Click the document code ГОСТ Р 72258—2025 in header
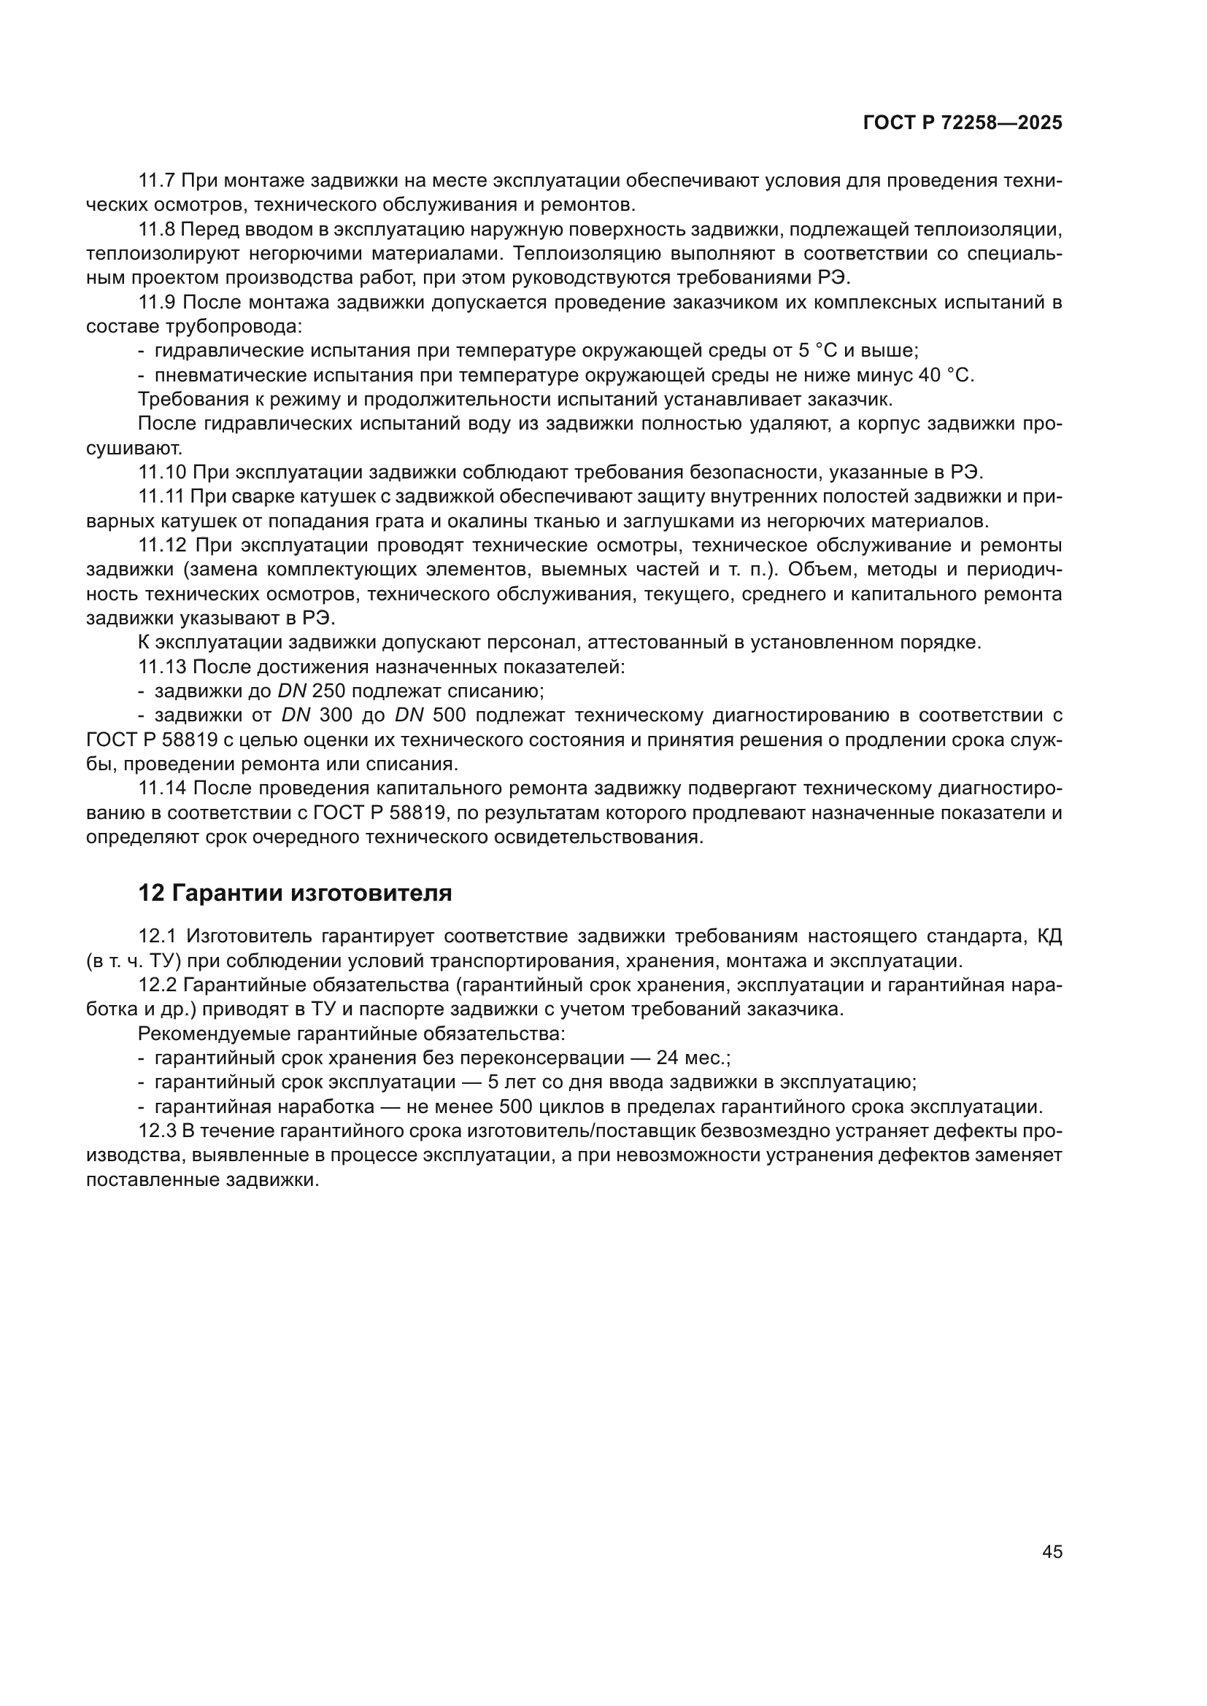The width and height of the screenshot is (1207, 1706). point(963,123)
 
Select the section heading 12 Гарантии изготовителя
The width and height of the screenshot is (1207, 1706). point(295,892)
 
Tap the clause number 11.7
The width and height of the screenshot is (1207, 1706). point(156,181)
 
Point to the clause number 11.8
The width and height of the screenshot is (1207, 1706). point(156,230)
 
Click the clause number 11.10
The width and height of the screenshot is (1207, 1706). point(162,472)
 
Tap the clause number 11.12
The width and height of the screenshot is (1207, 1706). point(162,546)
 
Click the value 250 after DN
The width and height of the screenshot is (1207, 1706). point(328,691)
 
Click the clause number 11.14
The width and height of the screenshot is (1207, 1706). point(162,788)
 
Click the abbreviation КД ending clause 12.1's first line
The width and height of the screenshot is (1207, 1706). point(1049,937)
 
